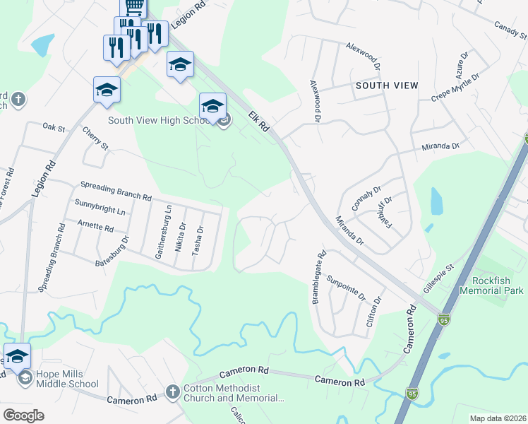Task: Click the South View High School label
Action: [x=157, y=120]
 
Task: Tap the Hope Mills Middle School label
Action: [x=68, y=379]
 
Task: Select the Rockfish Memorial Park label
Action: [x=491, y=285]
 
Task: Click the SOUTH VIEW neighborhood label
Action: [x=387, y=86]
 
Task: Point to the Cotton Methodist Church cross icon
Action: [x=172, y=391]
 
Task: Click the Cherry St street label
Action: [x=95, y=139]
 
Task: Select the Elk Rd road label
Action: [x=259, y=120]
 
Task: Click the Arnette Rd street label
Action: [x=95, y=228]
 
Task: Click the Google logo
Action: [x=25, y=416]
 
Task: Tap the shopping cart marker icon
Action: [x=133, y=6]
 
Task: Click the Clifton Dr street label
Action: [x=374, y=310]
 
